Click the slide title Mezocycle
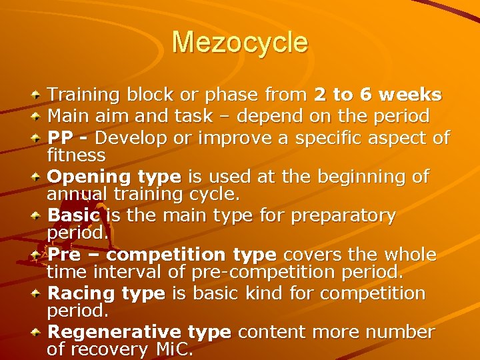[240, 43]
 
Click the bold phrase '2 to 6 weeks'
[378, 95]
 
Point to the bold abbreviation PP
[61, 138]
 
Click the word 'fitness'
[76, 156]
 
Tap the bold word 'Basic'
[74, 216]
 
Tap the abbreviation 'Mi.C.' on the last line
[173, 349]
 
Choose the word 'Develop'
[133, 138]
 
